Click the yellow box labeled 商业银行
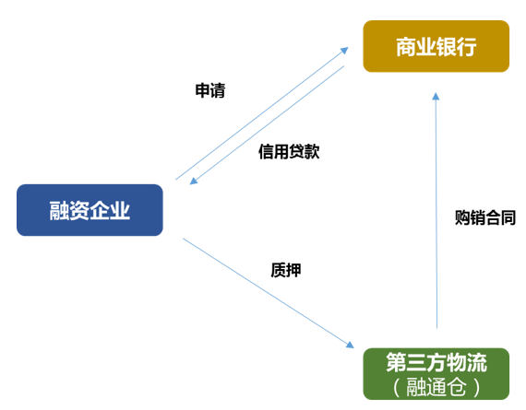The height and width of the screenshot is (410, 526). [x=436, y=46]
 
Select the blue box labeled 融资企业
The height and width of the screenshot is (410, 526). [x=90, y=210]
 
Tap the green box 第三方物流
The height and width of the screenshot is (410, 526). [x=436, y=374]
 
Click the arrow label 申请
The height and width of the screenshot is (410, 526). [x=210, y=90]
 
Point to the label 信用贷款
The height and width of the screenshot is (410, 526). [x=289, y=151]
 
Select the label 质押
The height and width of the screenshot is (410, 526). [x=286, y=270]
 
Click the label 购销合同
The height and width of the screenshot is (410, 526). [x=485, y=217]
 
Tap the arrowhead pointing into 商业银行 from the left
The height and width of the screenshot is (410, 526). [x=344, y=51]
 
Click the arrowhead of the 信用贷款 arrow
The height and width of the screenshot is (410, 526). [x=194, y=181]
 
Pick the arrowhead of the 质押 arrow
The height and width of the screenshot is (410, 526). [x=351, y=345]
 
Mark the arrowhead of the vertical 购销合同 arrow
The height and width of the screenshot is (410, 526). [x=436, y=96]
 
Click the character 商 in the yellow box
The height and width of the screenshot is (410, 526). [x=406, y=47]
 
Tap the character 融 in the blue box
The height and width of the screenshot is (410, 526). [x=59, y=211]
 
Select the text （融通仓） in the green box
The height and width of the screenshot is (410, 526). [x=436, y=387]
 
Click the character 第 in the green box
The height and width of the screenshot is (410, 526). [x=396, y=362]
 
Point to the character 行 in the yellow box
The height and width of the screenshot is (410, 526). [x=466, y=47]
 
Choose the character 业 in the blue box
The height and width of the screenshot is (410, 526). [x=120, y=211]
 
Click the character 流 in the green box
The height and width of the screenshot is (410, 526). [x=477, y=362]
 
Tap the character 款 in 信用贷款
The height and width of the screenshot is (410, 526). [x=312, y=151]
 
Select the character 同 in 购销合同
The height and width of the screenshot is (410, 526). [x=508, y=217]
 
